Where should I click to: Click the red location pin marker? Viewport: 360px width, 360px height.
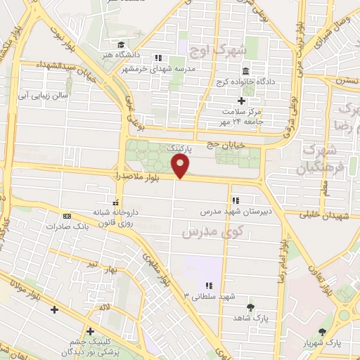point(181,166)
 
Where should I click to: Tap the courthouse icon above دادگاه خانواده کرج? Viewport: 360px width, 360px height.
point(245,72)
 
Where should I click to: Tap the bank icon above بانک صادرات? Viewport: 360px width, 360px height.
point(67,216)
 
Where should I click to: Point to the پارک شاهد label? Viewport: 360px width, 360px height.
point(251,319)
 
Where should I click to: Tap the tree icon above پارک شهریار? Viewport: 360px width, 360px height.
point(323,332)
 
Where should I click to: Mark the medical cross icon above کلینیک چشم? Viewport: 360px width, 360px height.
point(90,331)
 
